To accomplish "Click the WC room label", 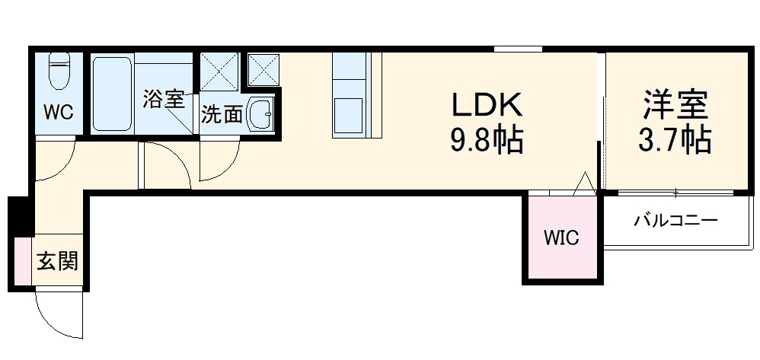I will click(58, 113).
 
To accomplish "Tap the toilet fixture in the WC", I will click(58, 72).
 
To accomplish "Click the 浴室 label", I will click(164, 99).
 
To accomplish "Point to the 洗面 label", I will click(222, 115).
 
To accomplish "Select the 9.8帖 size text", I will click(487, 141).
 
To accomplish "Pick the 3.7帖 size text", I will click(675, 141).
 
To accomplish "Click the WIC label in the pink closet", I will click(561, 237).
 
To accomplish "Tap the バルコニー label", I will click(676, 221).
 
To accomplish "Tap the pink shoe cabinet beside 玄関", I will click(22, 262).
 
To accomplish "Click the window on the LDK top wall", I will click(518, 49).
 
